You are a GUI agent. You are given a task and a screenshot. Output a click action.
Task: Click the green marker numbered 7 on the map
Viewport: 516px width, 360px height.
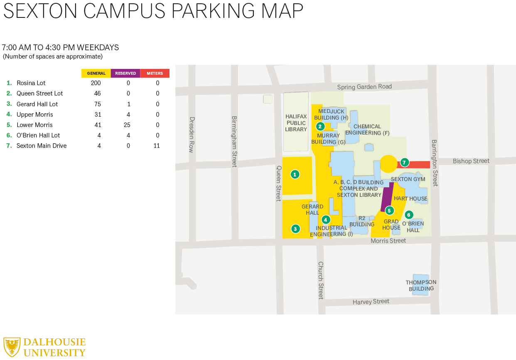tap(404, 162)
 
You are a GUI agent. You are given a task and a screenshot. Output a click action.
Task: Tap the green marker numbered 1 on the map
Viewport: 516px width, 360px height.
tap(295, 174)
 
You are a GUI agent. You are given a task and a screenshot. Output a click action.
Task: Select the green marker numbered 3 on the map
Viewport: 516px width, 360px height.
tap(295, 228)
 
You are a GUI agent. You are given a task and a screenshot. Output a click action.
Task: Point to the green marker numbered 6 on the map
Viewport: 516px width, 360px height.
tap(409, 215)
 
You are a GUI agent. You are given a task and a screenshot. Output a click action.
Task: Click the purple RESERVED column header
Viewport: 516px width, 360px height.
tap(125, 73)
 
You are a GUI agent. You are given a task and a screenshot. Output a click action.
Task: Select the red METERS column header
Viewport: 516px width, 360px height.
tap(155, 73)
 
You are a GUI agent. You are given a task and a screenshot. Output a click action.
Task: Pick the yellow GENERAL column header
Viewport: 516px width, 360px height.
tap(96, 73)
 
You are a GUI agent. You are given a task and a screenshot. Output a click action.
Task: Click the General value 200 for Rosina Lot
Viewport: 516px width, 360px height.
tap(96, 83)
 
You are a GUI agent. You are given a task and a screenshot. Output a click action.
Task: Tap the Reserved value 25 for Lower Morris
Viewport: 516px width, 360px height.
tap(128, 125)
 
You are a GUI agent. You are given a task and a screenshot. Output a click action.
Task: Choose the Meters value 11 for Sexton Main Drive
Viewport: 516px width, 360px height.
tap(157, 146)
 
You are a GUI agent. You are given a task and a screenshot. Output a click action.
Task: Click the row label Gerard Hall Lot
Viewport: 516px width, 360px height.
tap(37, 104)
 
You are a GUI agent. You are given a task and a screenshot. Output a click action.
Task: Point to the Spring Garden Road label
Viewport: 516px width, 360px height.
tap(364, 87)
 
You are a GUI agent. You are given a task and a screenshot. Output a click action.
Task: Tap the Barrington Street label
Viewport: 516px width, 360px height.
tap(435, 163)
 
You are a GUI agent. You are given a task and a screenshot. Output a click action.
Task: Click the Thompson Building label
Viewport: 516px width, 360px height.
tap(421, 285)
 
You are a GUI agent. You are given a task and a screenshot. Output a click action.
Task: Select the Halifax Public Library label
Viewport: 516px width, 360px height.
tap(296, 123)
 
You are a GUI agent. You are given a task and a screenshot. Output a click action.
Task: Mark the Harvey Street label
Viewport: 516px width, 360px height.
tap(371, 302)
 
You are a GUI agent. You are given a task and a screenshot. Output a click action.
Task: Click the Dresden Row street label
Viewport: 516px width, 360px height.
tap(192, 135)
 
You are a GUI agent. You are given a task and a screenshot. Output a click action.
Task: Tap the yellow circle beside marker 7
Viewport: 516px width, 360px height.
tap(389, 164)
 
